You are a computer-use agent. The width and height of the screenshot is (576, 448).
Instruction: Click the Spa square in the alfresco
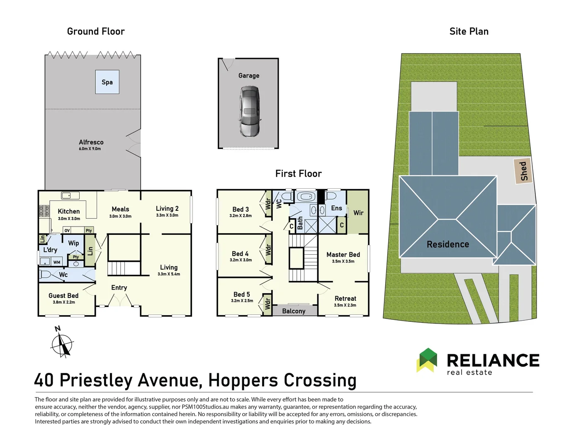(x=107, y=82)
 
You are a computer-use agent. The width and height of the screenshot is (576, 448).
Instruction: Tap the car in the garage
(x=250, y=112)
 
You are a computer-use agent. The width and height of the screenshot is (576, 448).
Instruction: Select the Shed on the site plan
(x=523, y=170)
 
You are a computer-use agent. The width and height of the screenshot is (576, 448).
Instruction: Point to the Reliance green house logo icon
(x=427, y=360)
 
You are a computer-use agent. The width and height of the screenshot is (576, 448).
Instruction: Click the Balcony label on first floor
(x=294, y=311)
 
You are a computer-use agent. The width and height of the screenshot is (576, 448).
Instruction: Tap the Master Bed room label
(x=343, y=255)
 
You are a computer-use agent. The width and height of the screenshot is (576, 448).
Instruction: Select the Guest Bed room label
(x=63, y=296)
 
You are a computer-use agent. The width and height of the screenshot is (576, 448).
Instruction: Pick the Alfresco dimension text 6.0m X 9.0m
(x=90, y=149)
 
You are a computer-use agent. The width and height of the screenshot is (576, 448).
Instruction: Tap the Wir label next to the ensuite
(x=358, y=213)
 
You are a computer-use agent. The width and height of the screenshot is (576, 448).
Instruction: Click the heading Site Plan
(x=469, y=32)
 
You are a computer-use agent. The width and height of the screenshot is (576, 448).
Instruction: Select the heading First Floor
(x=298, y=174)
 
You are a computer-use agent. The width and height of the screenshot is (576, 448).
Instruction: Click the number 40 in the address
(x=44, y=380)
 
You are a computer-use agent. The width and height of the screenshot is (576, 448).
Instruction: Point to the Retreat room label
(x=345, y=299)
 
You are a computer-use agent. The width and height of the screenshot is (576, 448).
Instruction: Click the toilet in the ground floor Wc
(x=45, y=274)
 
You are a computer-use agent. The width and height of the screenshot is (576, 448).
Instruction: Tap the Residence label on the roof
(x=448, y=244)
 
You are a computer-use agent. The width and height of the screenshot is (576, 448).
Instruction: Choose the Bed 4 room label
(x=240, y=253)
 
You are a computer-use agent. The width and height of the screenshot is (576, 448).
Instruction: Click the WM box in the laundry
(x=57, y=262)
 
